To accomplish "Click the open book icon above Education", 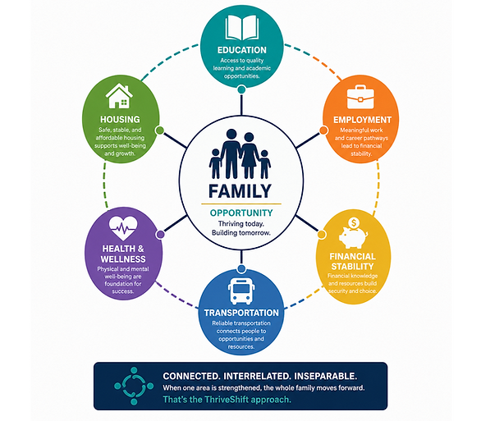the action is tap(241, 28).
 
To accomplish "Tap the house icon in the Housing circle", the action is tap(119, 96).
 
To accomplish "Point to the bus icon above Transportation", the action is tap(241, 291).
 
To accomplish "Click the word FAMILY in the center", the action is tap(240, 191).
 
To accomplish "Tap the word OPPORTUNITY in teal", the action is tap(241, 213).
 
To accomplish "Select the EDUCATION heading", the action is tap(241, 50).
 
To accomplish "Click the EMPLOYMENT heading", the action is tap(362, 120).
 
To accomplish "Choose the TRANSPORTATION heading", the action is tap(241, 313).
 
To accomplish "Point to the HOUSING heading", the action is tap(120, 119).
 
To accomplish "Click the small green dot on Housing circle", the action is tap(159, 130).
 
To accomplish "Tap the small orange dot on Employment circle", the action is tap(323, 130).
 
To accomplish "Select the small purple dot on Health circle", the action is tap(160, 235).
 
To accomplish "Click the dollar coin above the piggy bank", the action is tap(354, 222).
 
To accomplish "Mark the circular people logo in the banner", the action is tap(134, 386).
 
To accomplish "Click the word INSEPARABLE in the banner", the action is tap(325, 376).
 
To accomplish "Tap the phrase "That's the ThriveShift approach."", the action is tap(227, 400).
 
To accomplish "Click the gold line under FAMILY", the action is tap(241, 204).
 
